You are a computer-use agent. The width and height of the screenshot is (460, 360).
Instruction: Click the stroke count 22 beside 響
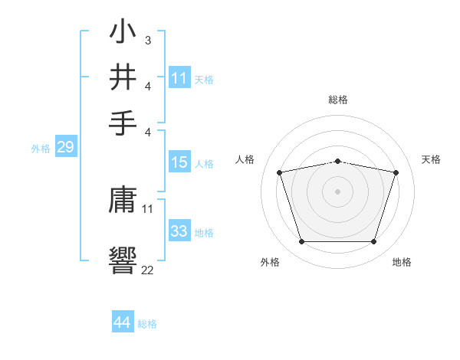[147, 269]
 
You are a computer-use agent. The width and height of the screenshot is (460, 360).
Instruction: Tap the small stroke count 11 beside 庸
[147, 208]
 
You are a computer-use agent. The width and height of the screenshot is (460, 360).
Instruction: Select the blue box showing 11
[179, 78]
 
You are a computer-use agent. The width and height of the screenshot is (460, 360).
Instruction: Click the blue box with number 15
[179, 162]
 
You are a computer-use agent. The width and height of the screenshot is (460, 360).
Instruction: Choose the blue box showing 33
[179, 231]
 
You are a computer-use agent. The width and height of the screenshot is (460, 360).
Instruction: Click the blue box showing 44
[123, 322]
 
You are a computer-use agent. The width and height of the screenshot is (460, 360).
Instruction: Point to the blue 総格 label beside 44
[147, 324]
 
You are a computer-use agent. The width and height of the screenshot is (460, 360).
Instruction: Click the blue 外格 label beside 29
[40, 149]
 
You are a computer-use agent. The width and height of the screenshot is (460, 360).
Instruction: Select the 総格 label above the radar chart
[337, 100]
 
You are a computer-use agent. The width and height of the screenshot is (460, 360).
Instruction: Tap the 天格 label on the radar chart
[431, 159]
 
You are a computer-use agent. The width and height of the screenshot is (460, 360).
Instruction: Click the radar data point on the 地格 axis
[373, 242]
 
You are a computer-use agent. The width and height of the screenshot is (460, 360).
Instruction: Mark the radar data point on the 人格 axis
[279, 172]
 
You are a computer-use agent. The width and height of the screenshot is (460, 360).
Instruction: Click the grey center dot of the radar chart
[337, 191]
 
